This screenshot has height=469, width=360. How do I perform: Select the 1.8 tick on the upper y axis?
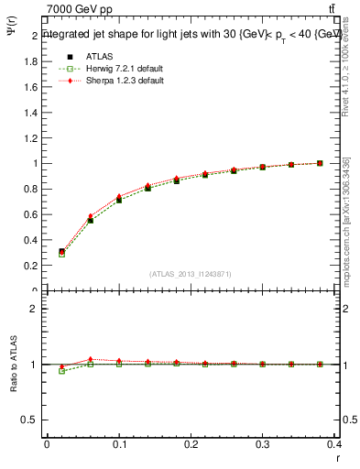click(30, 61)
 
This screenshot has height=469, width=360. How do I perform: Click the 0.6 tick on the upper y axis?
click(30, 214)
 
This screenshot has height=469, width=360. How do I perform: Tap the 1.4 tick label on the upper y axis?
click(30, 113)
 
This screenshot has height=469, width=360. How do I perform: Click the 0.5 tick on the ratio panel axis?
click(30, 420)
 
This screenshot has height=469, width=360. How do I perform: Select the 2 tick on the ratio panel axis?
click(34, 309)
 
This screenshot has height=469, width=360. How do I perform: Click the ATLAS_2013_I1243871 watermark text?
click(191, 274)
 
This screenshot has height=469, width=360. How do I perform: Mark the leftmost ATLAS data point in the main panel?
click(61, 251)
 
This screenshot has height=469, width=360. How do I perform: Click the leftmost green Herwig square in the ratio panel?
click(61, 371)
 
